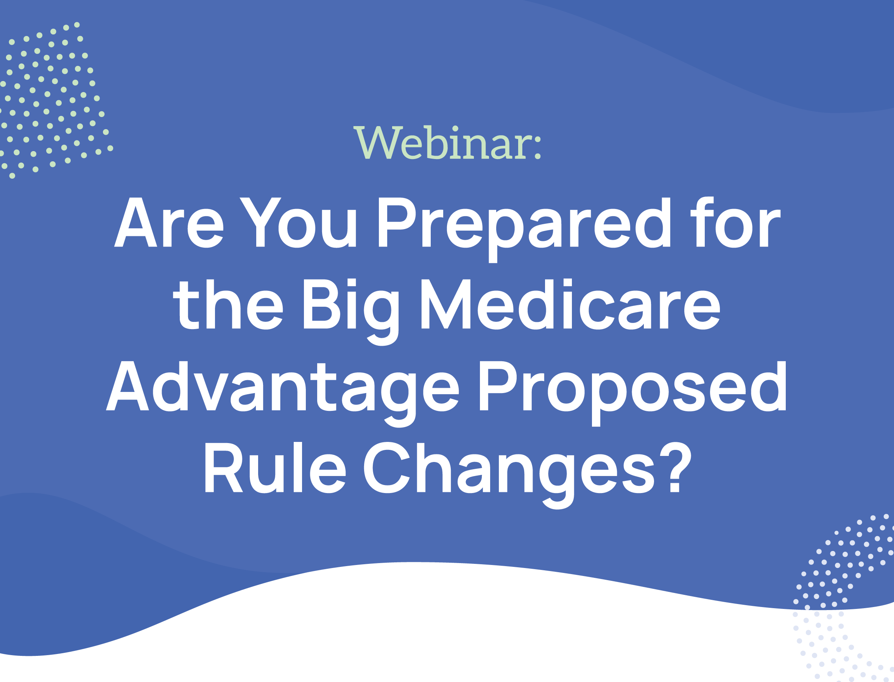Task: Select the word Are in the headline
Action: pos(169,222)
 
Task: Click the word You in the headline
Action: pos(298,222)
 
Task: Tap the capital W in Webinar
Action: pos(378,142)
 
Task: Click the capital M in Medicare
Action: pos(445,304)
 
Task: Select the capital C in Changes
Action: pos(387,467)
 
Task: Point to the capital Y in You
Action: pos(260,222)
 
